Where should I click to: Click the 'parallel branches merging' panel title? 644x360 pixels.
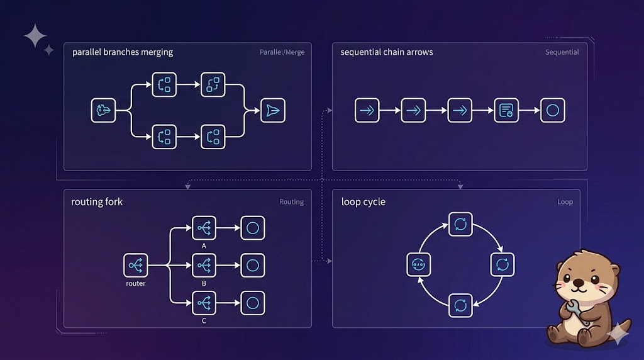pyautogui.click(x=122, y=52)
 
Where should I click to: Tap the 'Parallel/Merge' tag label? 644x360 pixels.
pyautogui.click(x=282, y=52)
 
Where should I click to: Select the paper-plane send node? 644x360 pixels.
pyautogui.click(x=272, y=110)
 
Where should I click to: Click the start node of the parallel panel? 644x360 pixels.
pyautogui.click(x=103, y=110)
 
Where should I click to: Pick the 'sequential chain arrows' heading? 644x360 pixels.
pyautogui.click(x=386, y=52)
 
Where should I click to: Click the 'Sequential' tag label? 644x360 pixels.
pyautogui.click(x=562, y=52)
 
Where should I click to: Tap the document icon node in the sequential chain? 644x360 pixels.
pyautogui.click(x=506, y=110)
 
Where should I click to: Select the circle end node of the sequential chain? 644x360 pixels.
pyautogui.click(x=552, y=110)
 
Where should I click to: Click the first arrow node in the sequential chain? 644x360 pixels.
pyautogui.click(x=367, y=110)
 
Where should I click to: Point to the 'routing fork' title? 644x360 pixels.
pyautogui.click(x=97, y=202)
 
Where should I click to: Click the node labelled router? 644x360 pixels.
pyautogui.click(x=136, y=266)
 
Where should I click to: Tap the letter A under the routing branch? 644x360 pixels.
pyautogui.click(x=204, y=246)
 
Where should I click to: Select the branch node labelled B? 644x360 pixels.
pyautogui.click(x=204, y=266)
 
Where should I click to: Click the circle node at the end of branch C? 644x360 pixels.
pyautogui.click(x=253, y=303)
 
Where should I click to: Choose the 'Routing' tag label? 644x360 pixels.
pyautogui.click(x=291, y=202)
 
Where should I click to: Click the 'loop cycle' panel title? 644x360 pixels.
pyautogui.click(x=363, y=202)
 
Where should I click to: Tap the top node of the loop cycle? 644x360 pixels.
pyautogui.click(x=460, y=225)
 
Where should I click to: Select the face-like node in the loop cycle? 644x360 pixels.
pyautogui.click(x=419, y=265)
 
